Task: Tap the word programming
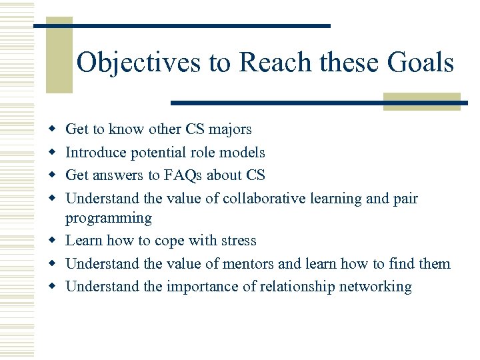(x=109, y=219)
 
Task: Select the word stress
(x=237, y=241)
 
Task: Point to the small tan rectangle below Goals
(x=421, y=101)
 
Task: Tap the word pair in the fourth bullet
(x=405, y=199)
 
